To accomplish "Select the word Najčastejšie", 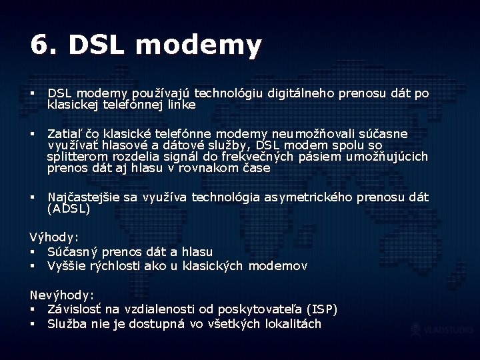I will point(84,197).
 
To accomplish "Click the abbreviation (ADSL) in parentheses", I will point(68,208).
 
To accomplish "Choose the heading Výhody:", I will point(54,237).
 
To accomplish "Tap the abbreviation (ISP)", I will point(321,309).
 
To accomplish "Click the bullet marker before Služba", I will point(32,324).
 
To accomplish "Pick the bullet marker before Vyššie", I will point(32,267).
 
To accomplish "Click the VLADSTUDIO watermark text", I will point(449,329).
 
